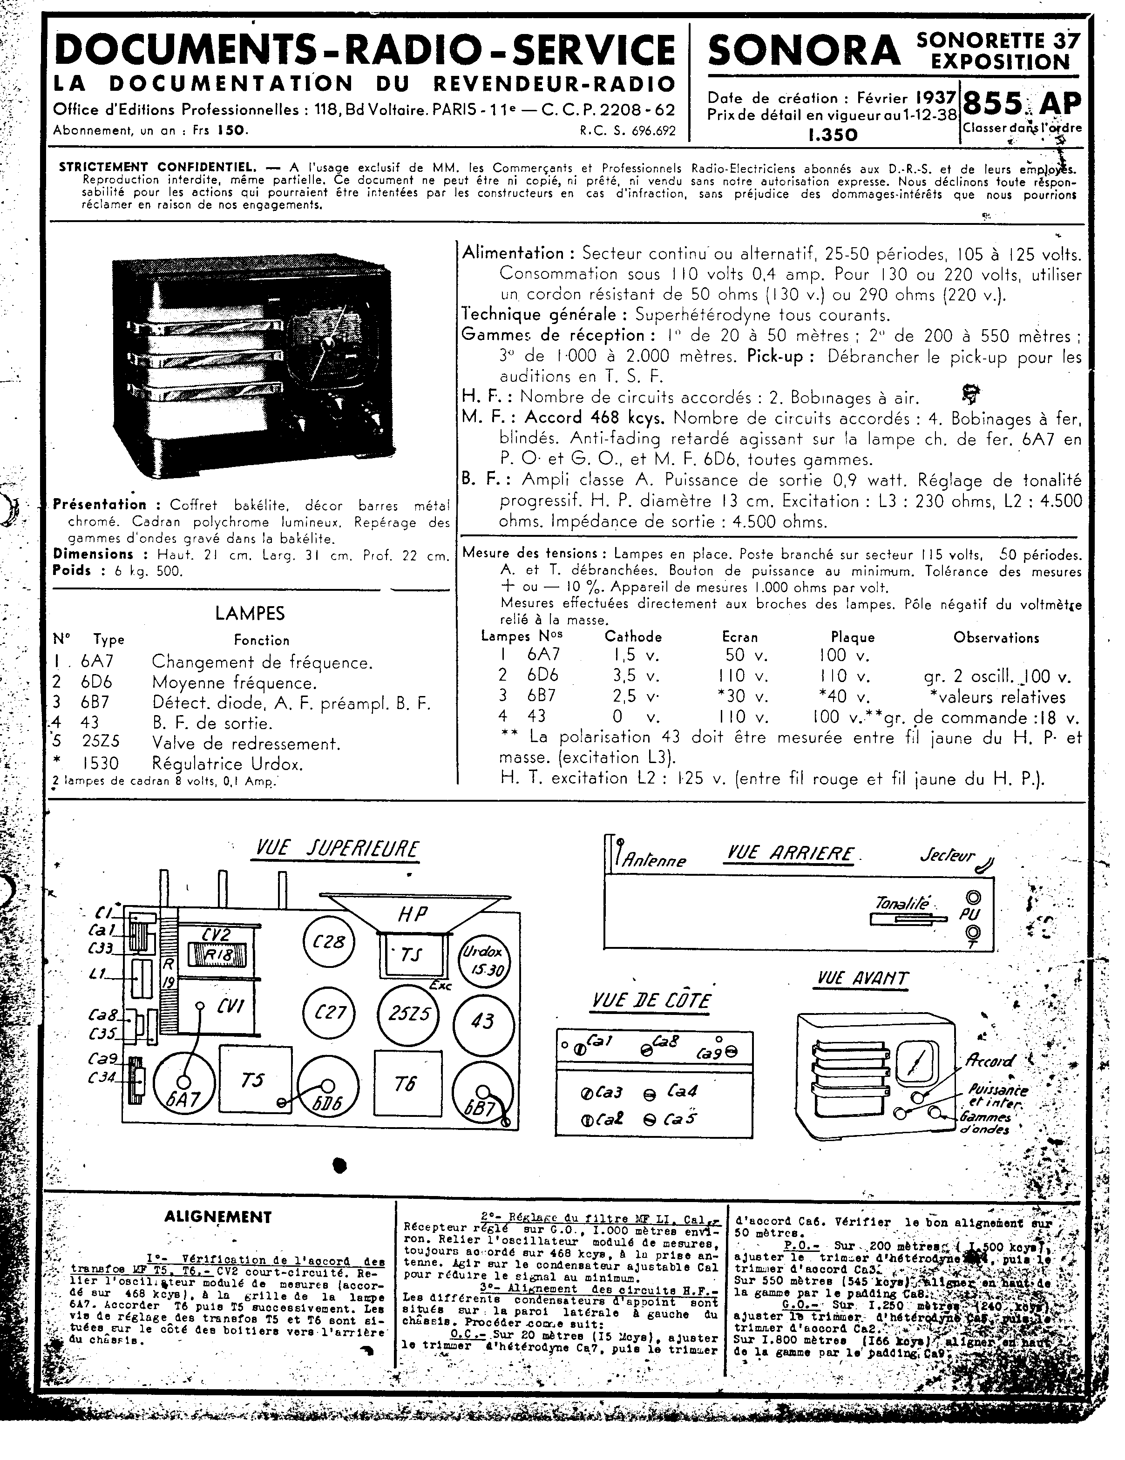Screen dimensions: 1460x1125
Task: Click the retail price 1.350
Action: [832, 135]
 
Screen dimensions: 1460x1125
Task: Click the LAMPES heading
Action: [249, 613]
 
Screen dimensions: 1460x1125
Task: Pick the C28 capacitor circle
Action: [329, 941]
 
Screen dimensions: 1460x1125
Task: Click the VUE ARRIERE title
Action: [789, 854]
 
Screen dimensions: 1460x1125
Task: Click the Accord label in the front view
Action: [989, 1061]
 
